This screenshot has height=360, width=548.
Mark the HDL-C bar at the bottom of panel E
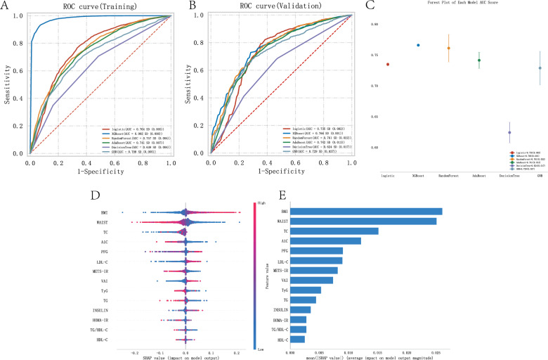296,339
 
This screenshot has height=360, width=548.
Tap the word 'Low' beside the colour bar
261,347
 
